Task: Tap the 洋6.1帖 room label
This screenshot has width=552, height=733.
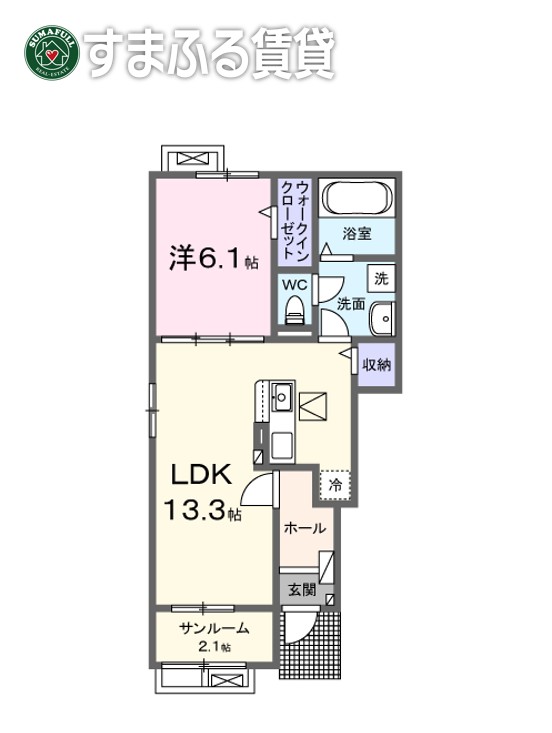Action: pos(212,259)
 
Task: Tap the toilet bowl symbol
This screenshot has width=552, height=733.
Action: pos(294,314)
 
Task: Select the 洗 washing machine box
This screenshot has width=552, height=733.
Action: pos(381,277)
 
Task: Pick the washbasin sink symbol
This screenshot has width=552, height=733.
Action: pos(381,318)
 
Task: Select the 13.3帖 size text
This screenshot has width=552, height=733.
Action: pos(202,512)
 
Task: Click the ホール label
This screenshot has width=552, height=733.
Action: pos(303,527)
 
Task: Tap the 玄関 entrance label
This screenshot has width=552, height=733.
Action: pos(303,589)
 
